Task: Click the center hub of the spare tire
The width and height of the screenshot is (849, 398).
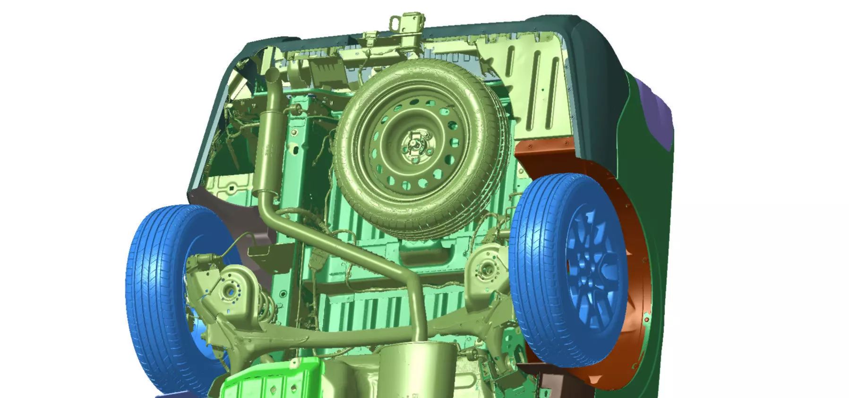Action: click(x=414, y=146)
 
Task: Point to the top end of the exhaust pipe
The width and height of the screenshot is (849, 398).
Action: click(x=273, y=76)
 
